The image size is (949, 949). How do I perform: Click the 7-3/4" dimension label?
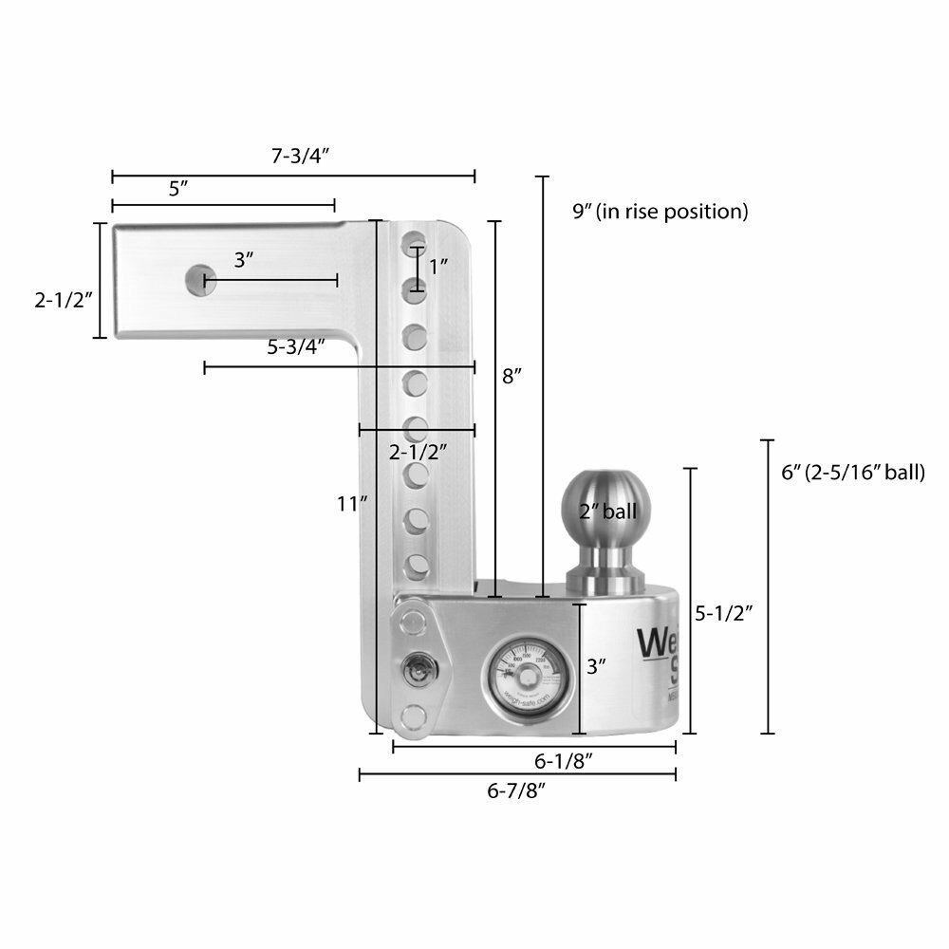pos(293,157)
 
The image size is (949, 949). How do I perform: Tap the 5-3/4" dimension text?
pos(296,346)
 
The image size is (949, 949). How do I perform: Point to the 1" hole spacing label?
pos(437,267)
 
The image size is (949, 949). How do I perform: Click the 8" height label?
pos(512,376)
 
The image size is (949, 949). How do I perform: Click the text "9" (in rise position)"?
pos(661,211)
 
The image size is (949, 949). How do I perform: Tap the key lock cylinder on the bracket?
pos(415,669)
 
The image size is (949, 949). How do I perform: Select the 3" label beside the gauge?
pos(596,666)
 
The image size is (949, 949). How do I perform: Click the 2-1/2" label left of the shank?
pos(61,300)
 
